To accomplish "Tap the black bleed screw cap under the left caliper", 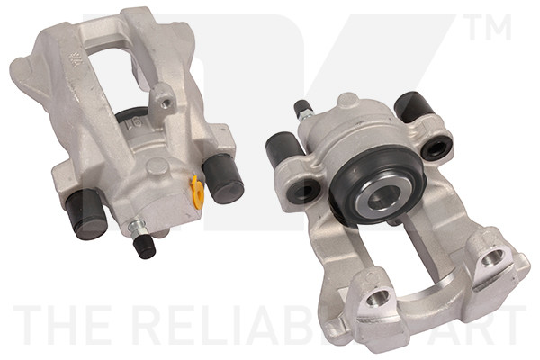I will pyautogui.click(x=144, y=247).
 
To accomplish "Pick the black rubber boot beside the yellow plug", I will pyautogui.click(x=223, y=176).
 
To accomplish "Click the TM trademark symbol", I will pyautogui.click(x=486, y=27).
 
